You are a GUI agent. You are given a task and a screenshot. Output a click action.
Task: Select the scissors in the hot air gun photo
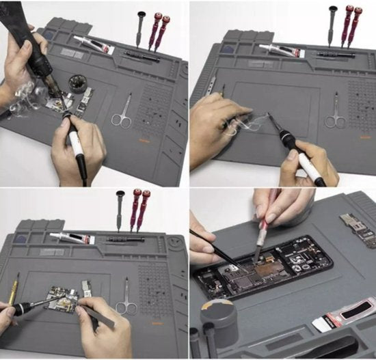[122, 113]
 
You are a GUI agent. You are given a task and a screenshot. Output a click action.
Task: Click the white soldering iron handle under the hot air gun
[76, 143]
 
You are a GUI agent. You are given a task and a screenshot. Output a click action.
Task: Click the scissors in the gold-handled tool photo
[126, 301]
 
